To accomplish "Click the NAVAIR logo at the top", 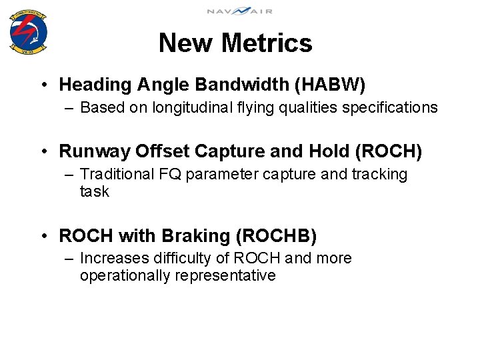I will [x=239, y=11].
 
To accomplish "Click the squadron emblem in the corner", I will [x=28, y=31].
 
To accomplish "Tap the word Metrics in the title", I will [x=267, y=43].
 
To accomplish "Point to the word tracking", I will [x=379, y=175].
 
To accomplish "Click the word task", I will [x=94, y=192].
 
